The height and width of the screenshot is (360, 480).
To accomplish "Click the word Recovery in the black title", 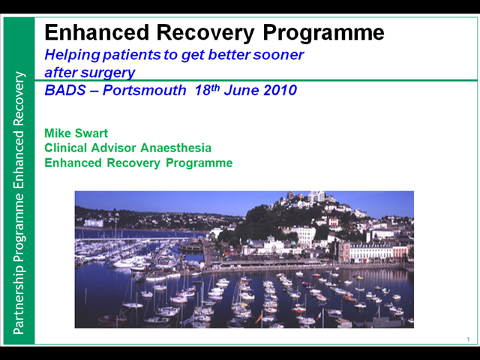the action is click(205, 33).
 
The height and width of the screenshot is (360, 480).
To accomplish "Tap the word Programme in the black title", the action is click(323, 33).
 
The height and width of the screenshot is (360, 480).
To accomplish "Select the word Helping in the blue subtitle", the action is click(72, 55).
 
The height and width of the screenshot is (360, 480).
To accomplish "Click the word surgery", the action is click(108, 73).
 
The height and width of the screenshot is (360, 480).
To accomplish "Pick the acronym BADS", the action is click(65, 90).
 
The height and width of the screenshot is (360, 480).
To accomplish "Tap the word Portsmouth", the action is click(145, 90).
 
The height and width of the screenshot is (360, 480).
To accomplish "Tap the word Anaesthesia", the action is click(175, 148).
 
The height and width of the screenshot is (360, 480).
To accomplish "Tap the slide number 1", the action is click(468, 339).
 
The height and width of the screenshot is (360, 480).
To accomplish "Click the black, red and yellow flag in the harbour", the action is click(259, 317).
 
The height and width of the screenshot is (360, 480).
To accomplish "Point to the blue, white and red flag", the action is click(319, 316).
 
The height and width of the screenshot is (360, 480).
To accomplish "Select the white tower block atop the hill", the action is click(316, 196).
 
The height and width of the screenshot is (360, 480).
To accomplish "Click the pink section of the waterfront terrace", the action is click(400, 253).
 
